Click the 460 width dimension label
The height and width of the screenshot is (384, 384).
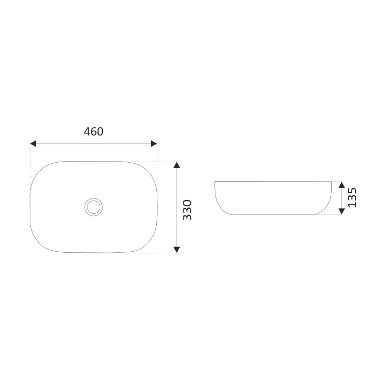(x=93, y=132)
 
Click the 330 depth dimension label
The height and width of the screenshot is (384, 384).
(x=187, y=210)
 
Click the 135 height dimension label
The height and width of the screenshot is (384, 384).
(x=352, y=197)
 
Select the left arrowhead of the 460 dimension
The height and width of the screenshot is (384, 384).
(x=33, y=143)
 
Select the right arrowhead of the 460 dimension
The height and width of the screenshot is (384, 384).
(x=154, y=143)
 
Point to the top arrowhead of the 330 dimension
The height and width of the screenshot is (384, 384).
(x=177, y=165)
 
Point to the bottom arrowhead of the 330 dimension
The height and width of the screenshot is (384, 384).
(x=177, y=250)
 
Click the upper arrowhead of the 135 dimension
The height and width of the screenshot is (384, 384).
(x=342, y=185)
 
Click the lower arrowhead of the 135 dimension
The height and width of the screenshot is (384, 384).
(x=342, y=211)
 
